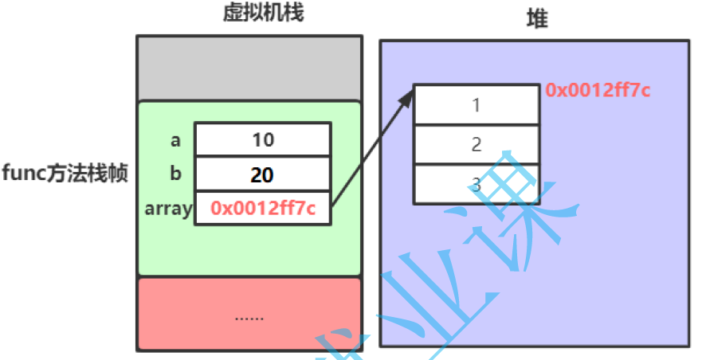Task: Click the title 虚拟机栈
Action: point(251,14)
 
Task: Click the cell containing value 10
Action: point(263,140)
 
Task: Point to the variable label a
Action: point(175,141)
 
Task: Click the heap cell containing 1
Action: point(476,104)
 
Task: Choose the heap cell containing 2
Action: point(476,144)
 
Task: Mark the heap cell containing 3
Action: point(476,184)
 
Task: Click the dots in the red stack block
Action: point(249,317)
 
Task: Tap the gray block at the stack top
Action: point(249,68)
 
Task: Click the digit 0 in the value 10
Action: point(269,140)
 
